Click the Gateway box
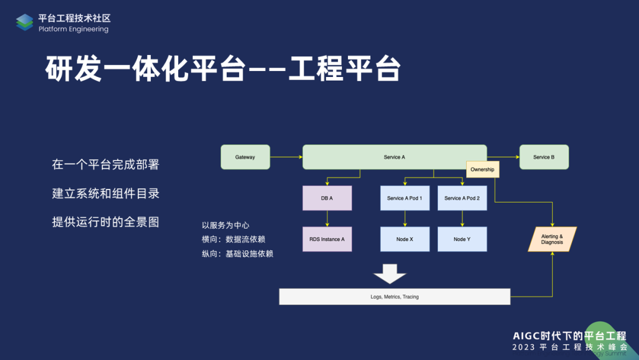(245, 157)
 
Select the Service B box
(544, 157)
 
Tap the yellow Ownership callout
(482, 169)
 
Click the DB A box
(327, 198)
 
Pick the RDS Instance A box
(327, 239)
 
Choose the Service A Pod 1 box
(405, 198)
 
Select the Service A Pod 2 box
(462, 198)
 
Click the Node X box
(405, 239)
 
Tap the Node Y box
(462, 239)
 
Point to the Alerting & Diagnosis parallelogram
(552, 239)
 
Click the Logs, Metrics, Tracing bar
(395, 297)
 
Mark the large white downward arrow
(390, 274)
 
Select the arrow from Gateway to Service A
(286, 157)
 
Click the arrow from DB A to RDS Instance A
(327, 218)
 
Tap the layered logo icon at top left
(24, 22)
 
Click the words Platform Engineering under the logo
(73, 29)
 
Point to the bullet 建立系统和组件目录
(105, 194)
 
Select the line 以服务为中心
(225, 225)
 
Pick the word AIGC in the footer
(528, 335)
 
